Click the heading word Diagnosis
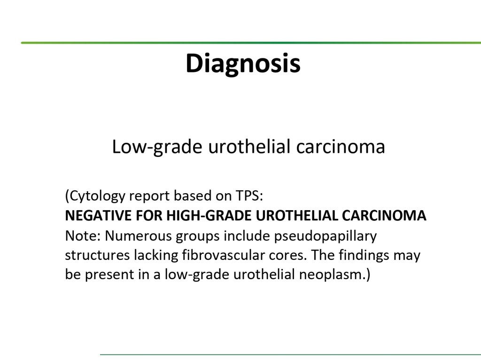pos(243,63)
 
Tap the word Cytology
pos(98,196)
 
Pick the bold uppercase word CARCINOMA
pos(384,215)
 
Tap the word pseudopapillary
pos(326,236)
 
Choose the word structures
pos(97,255)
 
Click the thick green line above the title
pos(251,43)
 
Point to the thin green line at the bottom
pos(290,354)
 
